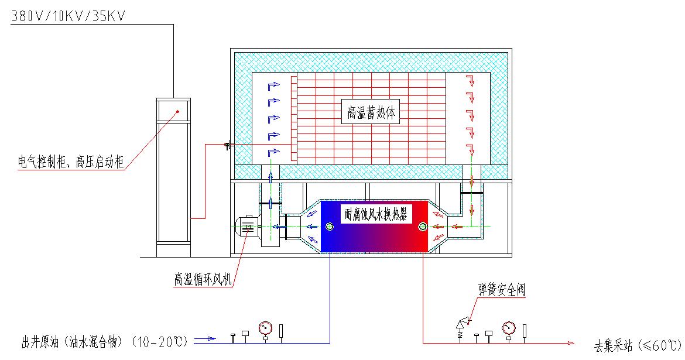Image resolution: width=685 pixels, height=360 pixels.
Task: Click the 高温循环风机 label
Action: pyautogui.click(x=203, y=279)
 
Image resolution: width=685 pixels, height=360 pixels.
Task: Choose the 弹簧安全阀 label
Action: pyautogui.click(x=501, y=289)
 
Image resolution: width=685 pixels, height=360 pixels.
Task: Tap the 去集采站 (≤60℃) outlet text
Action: pyautogui.click(x=638, y=345)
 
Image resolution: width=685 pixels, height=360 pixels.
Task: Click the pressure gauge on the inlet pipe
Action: pyautogui.click(x=266, y=327)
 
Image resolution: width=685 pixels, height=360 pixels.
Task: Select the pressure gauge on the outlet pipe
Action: pyautogui.click(x=508, y=327)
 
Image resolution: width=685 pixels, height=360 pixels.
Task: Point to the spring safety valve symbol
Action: pyautogui.click(x=462, y=324)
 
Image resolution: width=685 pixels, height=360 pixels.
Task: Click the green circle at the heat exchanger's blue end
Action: pyautogui.click(x=330, y=226)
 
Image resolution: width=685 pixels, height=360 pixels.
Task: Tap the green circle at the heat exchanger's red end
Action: pyautogui.click(x=422, y=226)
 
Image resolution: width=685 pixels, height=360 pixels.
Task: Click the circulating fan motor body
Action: pyautogui.click(x=248, y=226)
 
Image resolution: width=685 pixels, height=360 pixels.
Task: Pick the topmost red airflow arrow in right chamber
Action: pyautogui.click(x=469, y=80)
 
